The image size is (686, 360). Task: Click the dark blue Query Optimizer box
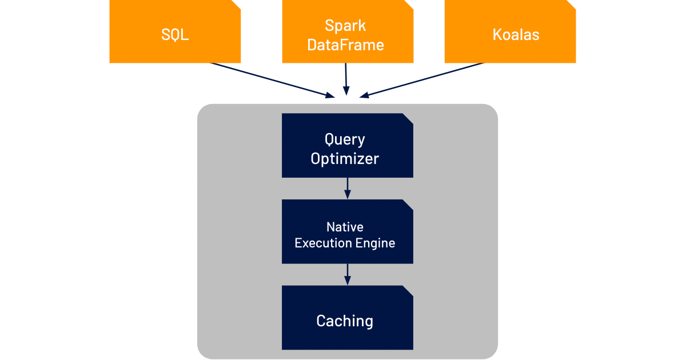point(348,145)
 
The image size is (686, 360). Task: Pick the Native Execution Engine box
point(348,231)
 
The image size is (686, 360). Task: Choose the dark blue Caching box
point(348,318)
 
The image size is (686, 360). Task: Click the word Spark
point(345,26)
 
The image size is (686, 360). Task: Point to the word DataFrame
point(345,45)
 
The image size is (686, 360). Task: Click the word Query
point(345,139)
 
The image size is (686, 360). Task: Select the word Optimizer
point(345,159)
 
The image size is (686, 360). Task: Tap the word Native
point(345,227)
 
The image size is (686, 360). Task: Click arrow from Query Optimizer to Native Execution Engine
point(347,188)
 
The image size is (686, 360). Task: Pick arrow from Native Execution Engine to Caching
point(347,274)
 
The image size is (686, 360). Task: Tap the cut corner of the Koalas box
point(571,4)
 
